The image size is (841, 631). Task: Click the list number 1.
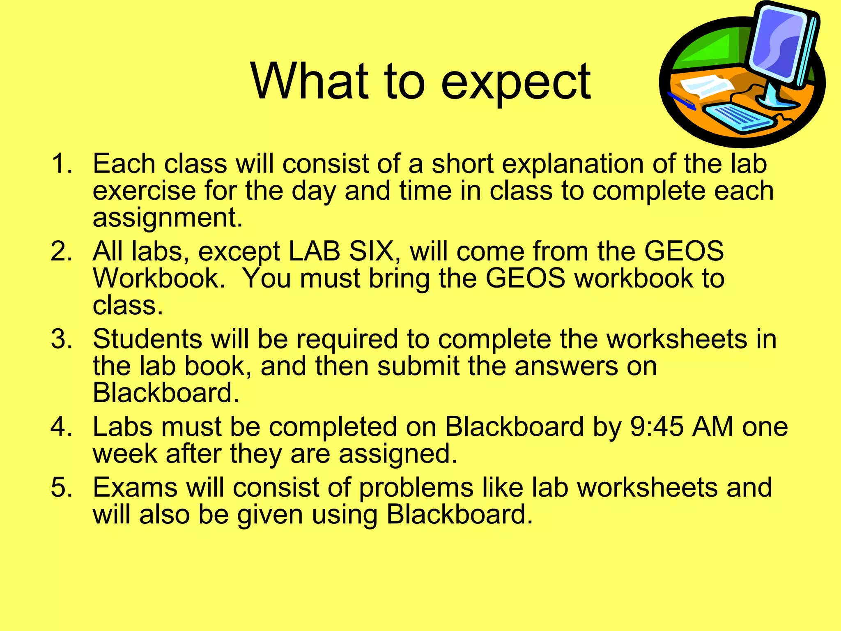coord(62,164)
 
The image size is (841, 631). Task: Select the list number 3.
coord(62,339)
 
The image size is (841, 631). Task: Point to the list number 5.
coord(62,488)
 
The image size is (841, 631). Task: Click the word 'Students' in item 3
coord(147,339)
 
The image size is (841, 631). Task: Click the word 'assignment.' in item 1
coord(168,218)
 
